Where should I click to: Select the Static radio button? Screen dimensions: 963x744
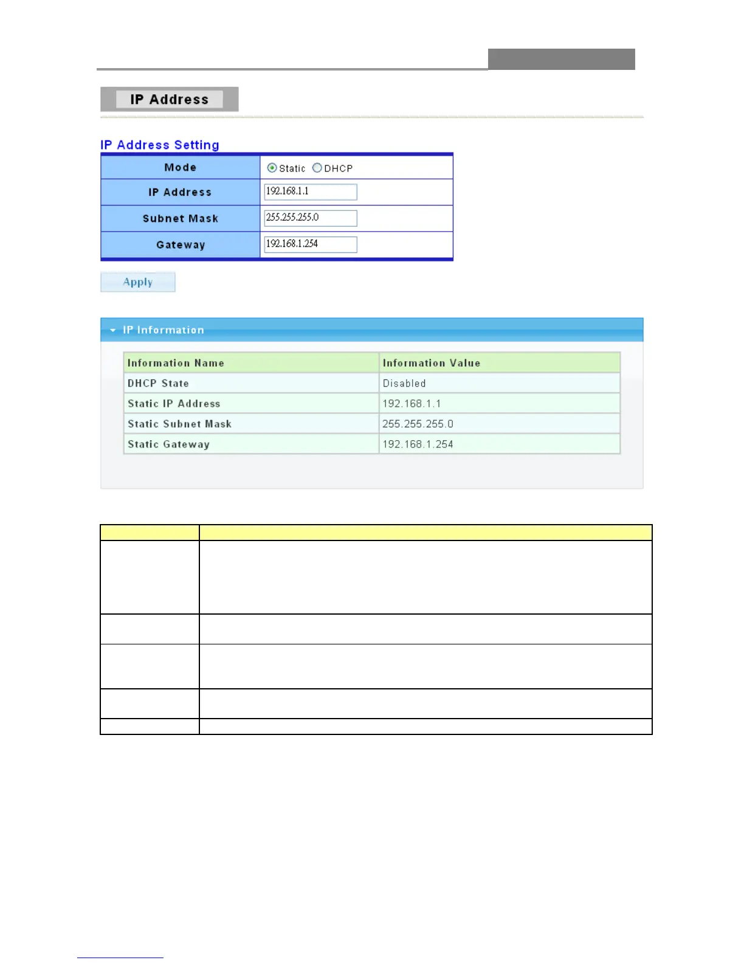coord(272,168)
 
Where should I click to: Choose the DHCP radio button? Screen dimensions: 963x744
coord(317,168)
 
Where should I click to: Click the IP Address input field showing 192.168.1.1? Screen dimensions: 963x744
coord(310,192)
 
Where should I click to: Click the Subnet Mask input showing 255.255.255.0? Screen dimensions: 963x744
coord(310,218)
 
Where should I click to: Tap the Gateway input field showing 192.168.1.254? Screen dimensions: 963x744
coord(310,244)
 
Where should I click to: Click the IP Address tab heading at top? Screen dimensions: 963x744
coord(169,99)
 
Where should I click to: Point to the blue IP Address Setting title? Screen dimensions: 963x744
coord(160,145)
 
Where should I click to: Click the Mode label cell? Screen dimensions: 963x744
coord(181,167)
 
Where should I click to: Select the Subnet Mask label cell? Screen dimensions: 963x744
coord(181,218)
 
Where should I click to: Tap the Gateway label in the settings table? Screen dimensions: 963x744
coord(181,244)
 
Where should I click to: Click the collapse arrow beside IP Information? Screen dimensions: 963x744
coord(113,330)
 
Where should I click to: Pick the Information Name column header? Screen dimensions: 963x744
coord(176,363)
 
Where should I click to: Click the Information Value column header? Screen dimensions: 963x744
coord(432,363)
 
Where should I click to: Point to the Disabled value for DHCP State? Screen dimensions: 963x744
coord(404,383)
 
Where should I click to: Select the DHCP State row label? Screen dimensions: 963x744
coord(158,383)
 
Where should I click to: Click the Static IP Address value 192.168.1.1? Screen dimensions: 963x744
coord(412,404)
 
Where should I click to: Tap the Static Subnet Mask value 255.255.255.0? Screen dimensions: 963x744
coord(418,424)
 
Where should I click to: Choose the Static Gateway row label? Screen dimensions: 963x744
coord(168,444)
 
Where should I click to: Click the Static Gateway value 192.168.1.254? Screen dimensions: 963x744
coord(418,444)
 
